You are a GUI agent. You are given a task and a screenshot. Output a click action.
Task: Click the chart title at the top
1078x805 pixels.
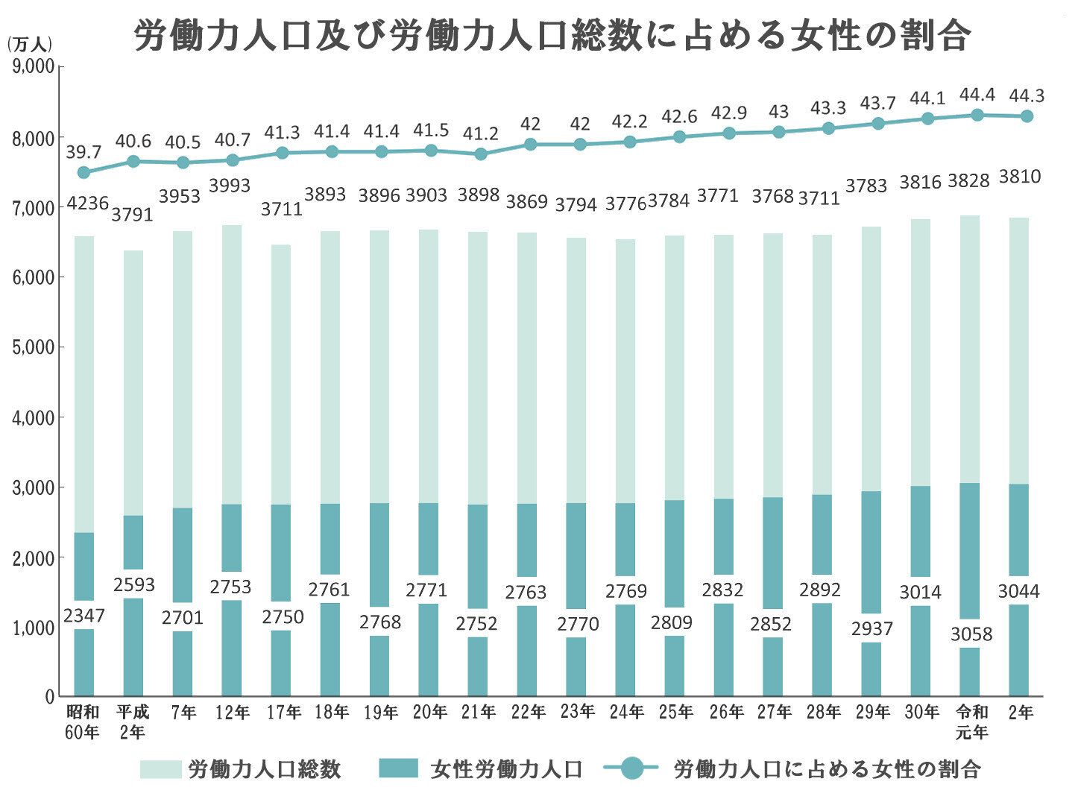point(552,35)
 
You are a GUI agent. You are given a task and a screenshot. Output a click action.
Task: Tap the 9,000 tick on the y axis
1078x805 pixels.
point(34,68)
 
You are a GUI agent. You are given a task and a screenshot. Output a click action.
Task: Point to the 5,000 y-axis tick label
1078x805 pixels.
point(34,347)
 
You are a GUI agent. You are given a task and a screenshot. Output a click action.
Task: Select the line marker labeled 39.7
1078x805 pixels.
point(83,172)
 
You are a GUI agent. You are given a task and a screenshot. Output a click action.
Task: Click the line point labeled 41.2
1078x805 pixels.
point(481,154)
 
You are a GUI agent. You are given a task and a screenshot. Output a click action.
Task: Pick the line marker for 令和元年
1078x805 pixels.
point(977,115)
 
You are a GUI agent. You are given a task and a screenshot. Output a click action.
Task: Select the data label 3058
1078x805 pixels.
point(971,634)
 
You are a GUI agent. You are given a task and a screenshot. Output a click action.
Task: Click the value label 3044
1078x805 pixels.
point(1018,592)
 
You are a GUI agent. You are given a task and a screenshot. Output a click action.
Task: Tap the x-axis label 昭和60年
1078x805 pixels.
point(83,722)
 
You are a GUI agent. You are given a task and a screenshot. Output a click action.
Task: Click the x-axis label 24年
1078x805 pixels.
point(628,713)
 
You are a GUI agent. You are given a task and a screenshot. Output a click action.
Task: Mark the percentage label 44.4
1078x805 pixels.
point(977,95)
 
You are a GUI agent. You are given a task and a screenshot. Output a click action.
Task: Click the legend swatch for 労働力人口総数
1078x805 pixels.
point(160,769)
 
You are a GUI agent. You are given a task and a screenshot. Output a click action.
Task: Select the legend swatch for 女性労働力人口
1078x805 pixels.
point(399,769)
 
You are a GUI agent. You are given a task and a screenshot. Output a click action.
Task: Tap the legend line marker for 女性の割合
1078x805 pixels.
point(630,768)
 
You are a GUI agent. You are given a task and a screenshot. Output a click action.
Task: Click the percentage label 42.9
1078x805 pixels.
point(728,113)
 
